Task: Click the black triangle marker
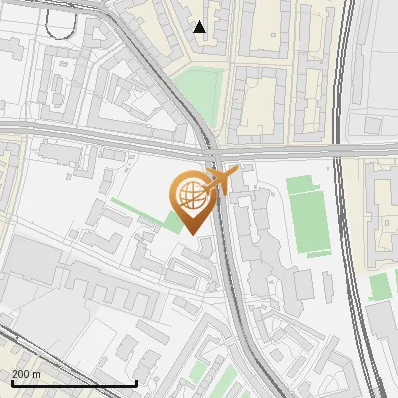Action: [x=200, y=27]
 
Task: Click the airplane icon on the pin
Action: [x=220, y=179]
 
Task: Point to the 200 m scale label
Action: [x=27, y=374]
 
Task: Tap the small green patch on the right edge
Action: [x=379, y=287]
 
